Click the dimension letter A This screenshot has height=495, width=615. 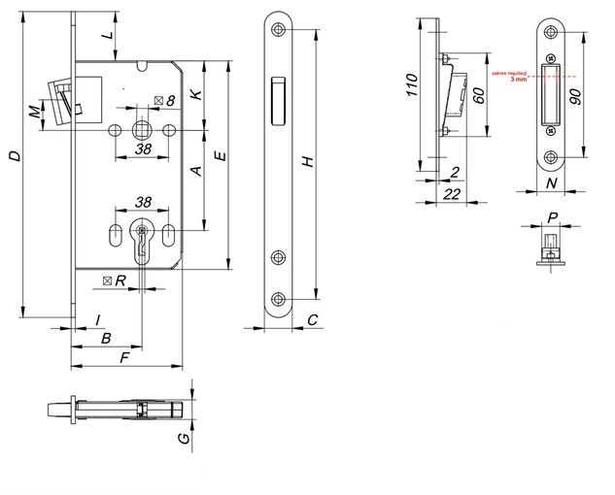[195, 172]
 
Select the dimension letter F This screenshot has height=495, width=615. [122, 358]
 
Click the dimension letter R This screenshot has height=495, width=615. [120, 280]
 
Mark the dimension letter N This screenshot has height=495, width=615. [551, 181]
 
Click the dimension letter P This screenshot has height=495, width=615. [551, 217]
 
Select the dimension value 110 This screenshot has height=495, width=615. [412, 93]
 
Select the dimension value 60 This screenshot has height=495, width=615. [478, 95]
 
